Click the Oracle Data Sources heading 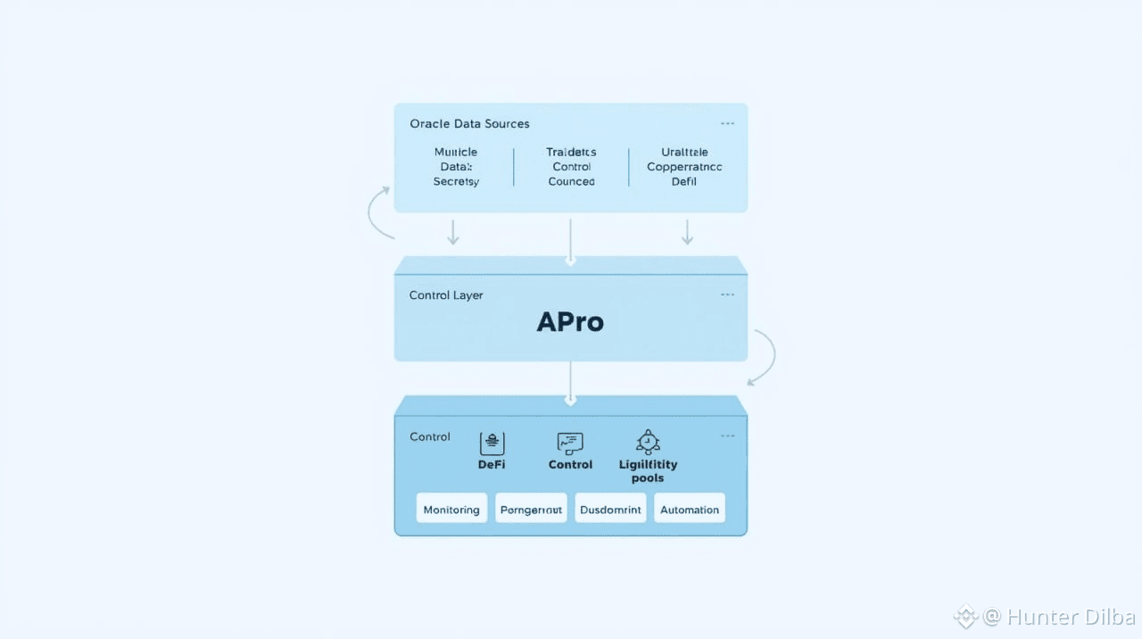pos(469,123)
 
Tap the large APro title pos(570,322)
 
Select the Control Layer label pos(446,295)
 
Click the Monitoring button pos(451,510)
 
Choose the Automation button pos(689,510)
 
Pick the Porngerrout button pos(531,510)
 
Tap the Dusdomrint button pos(610,510)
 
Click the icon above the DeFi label pos(492,443)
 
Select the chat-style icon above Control pos(570,443)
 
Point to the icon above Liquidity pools pos(648,442)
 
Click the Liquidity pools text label pos(648,471)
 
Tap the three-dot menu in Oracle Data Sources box pos(727,124)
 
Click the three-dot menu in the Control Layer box pos(727,295)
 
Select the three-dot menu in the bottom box pos(727,436)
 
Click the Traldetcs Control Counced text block pos(571,167)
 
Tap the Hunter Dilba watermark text pos(1071,617)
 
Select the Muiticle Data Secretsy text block pos(456,167)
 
